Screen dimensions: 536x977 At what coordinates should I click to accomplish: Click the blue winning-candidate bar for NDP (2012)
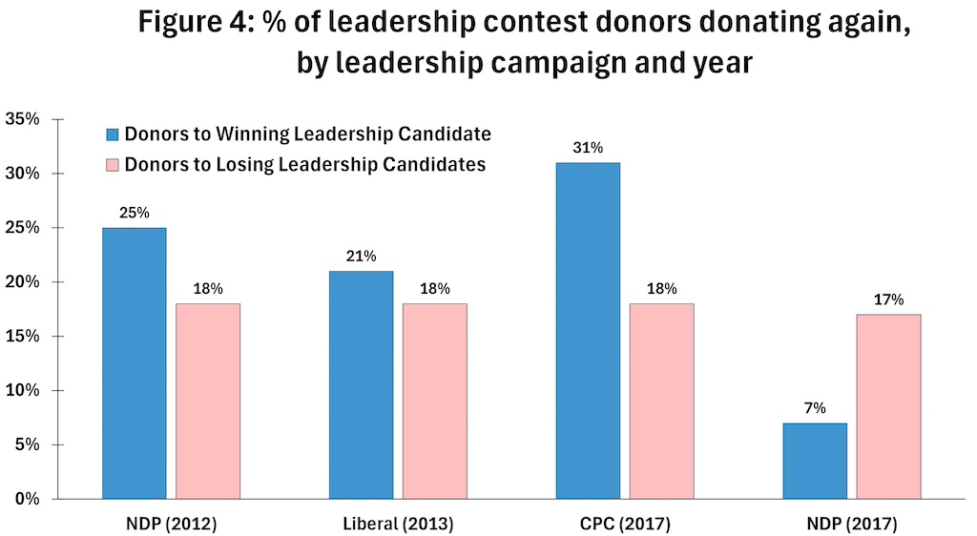click(134, 362)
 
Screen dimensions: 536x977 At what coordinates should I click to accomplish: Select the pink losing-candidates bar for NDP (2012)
click(208, 401)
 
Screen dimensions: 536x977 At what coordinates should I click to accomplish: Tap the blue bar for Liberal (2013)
click(361, 384)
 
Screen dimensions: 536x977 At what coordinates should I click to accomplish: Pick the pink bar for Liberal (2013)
click(435, 401)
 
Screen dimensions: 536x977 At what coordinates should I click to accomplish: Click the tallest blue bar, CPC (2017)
click(588, 330)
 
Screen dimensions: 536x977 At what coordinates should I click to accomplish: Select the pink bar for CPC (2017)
click(662, 401)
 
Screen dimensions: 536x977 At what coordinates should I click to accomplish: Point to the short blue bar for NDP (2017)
click(815, 461)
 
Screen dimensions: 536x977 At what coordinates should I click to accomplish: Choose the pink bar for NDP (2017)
click(889, 406)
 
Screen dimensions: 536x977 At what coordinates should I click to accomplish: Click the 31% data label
click(588, 148)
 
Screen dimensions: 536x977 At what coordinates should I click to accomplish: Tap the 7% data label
click(815, 408)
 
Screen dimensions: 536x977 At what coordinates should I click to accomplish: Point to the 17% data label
click(889, 299)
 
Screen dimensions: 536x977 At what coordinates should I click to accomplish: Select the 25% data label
click(134, 213)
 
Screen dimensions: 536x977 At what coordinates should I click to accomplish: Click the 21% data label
click(361, 256)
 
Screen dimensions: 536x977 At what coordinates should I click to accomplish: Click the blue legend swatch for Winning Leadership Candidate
click(112, 134)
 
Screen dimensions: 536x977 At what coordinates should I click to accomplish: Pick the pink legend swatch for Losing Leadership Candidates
click(112, 165)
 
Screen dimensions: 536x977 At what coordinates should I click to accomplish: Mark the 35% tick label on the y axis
click(23, 119)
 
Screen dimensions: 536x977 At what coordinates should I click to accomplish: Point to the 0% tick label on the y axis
click(27, 499)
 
